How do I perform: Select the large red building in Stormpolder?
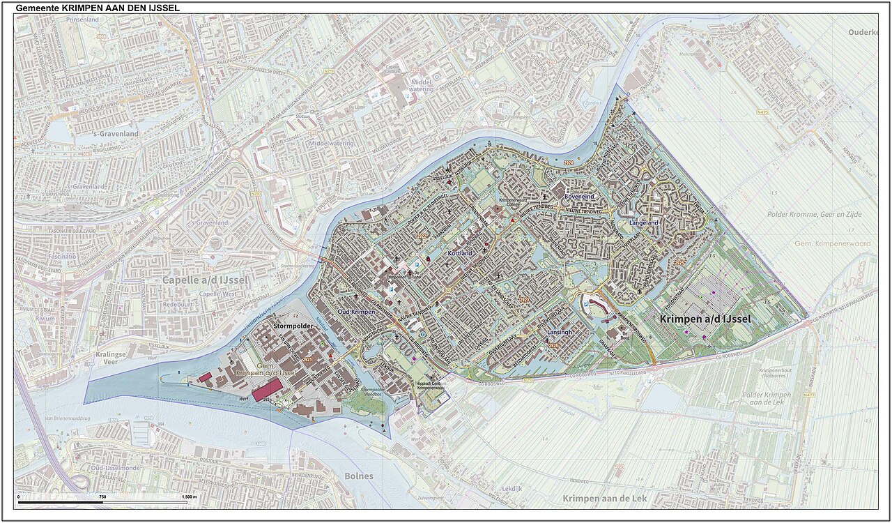[x=267, y=390]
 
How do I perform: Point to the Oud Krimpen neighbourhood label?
[x=356, y=312]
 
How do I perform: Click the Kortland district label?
[x=460, y=253]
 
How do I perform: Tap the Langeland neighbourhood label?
[x=643, y=223]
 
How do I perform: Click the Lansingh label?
[x=559, y=333]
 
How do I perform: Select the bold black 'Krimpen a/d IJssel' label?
[x=705, y=319]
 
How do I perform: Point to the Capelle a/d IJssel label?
[x=195, y=280]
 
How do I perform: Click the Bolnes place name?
[x=359, y=476]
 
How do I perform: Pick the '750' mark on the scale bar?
[x=102, y=497]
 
